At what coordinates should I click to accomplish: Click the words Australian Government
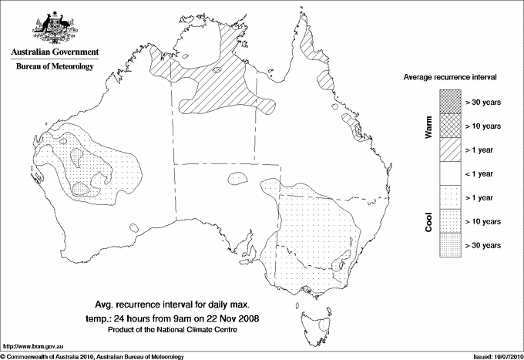pos(54,52)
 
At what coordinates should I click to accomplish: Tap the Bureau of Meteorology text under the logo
pos(54,67)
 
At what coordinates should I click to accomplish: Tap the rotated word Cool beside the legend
pos(429,220)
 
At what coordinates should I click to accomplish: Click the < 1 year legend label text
pos(483,173)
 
